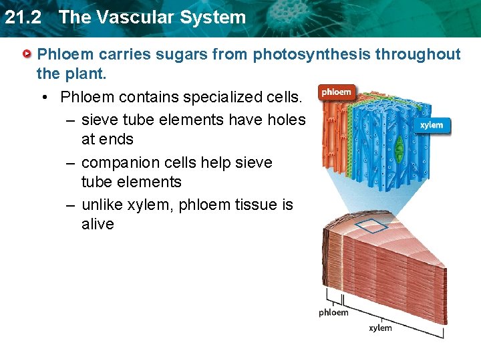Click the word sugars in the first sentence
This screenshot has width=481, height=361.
pos(186,54)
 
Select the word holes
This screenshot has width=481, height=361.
pos(283,120)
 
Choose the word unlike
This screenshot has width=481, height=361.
pos(104,205)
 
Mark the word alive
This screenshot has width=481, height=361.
pos(98,224)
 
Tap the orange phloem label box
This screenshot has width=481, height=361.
pos(336,92)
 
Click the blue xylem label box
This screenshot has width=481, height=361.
pos(432,125)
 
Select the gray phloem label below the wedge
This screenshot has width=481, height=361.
pos(333,312)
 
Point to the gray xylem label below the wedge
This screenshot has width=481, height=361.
pos(380,328)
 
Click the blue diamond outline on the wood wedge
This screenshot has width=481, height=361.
pos(371,226)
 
